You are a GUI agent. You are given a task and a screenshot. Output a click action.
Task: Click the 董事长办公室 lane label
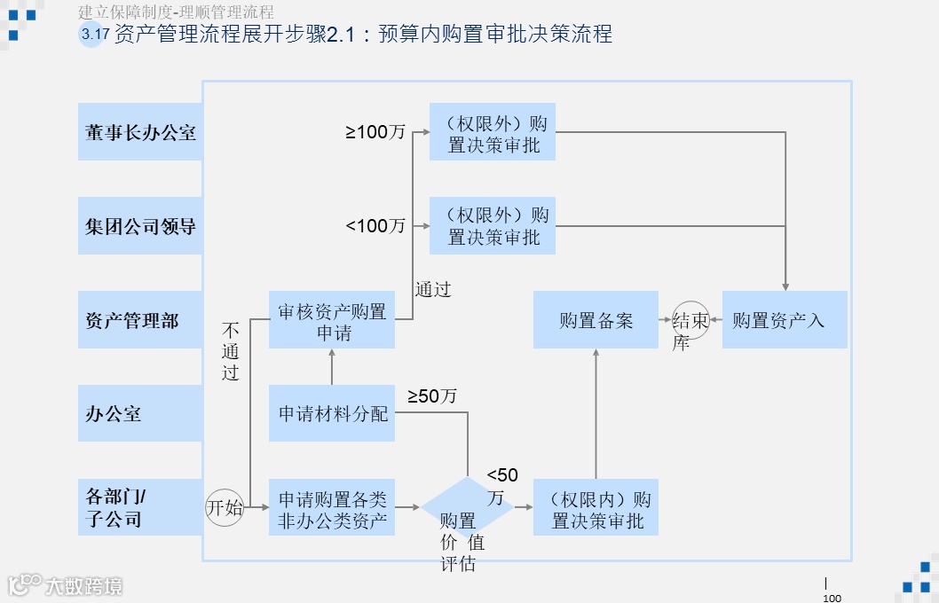point(140,132)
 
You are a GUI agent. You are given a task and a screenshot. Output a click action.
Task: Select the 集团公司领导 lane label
point(140,226)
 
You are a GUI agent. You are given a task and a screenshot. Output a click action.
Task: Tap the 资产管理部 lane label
point(140,320)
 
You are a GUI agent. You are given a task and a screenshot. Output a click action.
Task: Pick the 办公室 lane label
point(140,414)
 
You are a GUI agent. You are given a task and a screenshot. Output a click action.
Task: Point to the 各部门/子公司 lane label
point(140,507)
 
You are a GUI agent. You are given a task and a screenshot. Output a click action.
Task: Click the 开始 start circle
point(225,507)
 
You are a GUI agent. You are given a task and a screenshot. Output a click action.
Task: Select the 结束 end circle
point(690,320)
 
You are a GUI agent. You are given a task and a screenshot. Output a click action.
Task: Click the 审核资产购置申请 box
point(332,320)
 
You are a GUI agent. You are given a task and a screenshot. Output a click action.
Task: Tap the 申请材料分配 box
point(332,413)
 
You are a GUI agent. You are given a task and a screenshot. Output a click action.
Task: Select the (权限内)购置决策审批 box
point(596,508)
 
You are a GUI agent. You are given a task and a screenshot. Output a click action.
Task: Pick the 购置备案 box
point(596,320)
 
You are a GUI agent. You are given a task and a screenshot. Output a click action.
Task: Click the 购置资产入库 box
point(785,320)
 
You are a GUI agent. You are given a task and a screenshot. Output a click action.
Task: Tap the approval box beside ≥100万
point(493,132)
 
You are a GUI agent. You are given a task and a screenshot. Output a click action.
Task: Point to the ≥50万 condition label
point(431,396)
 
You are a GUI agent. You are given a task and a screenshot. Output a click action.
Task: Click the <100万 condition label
point(375,226)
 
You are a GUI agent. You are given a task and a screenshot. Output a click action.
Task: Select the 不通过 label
point(231,351)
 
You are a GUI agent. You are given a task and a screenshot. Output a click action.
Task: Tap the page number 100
point(832,598)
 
